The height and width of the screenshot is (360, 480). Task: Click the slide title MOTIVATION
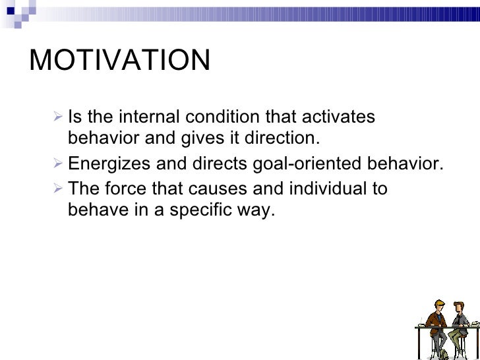tap(120, 61)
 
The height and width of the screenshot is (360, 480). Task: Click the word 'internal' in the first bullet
tap(150, 117)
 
